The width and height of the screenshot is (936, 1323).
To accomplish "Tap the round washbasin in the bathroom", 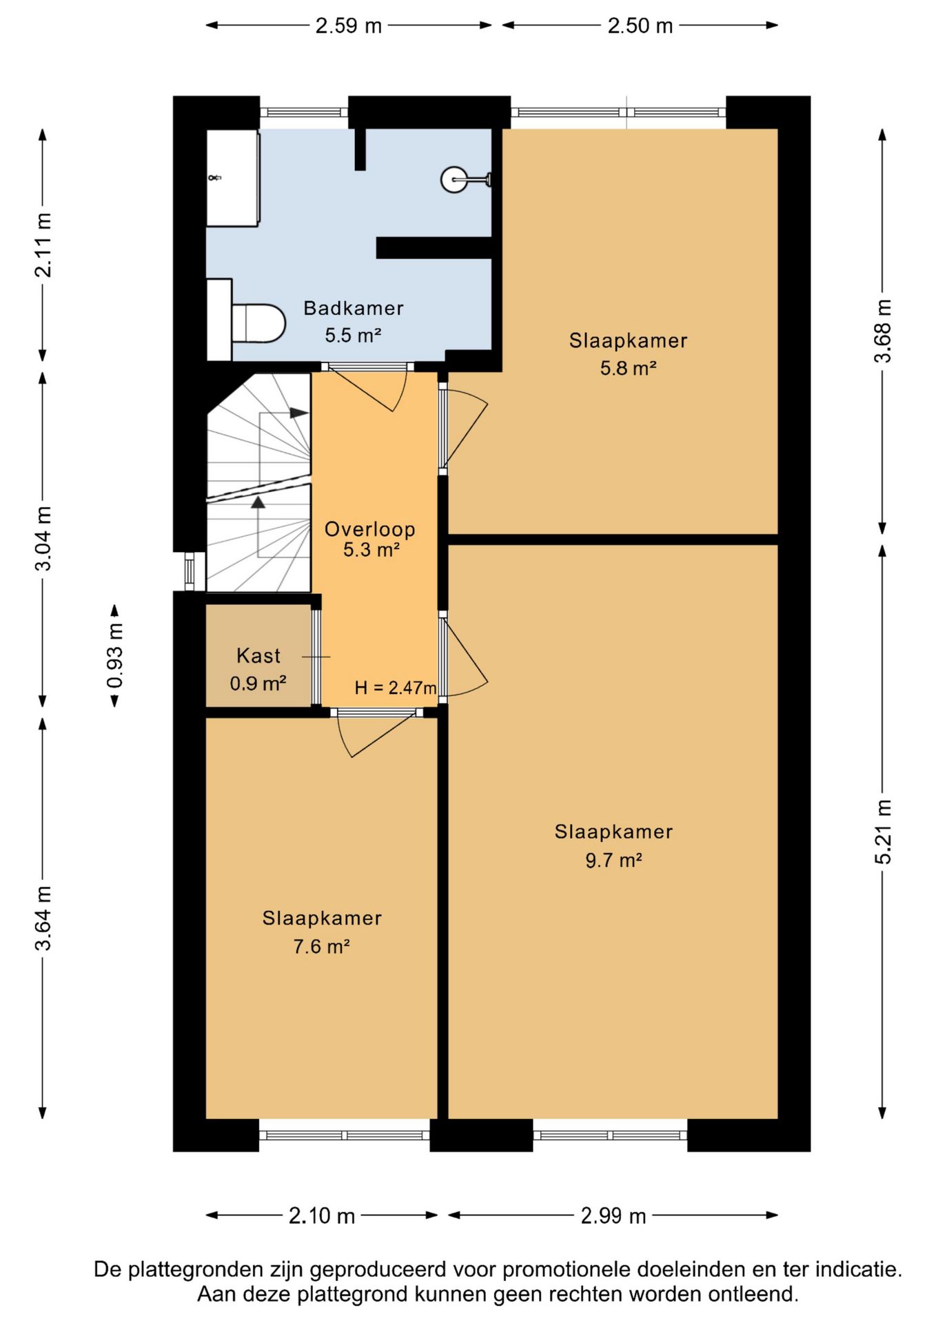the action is click(455, 180).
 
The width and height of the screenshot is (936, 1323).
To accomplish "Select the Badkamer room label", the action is click(354, 308).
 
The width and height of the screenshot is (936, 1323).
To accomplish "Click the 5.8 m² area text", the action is click(628, 368).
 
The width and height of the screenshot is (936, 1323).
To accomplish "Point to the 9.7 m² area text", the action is click(614, 860).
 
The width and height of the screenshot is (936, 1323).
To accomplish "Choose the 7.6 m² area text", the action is click(322, 946).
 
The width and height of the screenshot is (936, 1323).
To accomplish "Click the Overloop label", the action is click(370, 529).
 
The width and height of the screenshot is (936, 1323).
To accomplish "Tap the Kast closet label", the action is click(258, 655).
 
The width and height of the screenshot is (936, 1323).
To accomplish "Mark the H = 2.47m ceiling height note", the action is click(396, 688).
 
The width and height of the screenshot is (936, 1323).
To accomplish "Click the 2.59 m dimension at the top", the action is click(349, 25).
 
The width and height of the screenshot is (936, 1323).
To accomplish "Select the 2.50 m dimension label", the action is click(640, 25).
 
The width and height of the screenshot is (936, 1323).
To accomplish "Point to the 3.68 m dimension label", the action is click(883, 331).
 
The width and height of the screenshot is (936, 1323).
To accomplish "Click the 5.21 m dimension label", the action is click(883, 832).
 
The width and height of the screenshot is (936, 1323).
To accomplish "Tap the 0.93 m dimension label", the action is click(115, 655).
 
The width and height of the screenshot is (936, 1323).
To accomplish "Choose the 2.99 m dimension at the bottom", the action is click(613, 1216).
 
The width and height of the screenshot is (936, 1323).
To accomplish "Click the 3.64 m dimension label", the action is click(43, 919).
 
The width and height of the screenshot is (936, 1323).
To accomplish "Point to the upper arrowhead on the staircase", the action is click(298, 413).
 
